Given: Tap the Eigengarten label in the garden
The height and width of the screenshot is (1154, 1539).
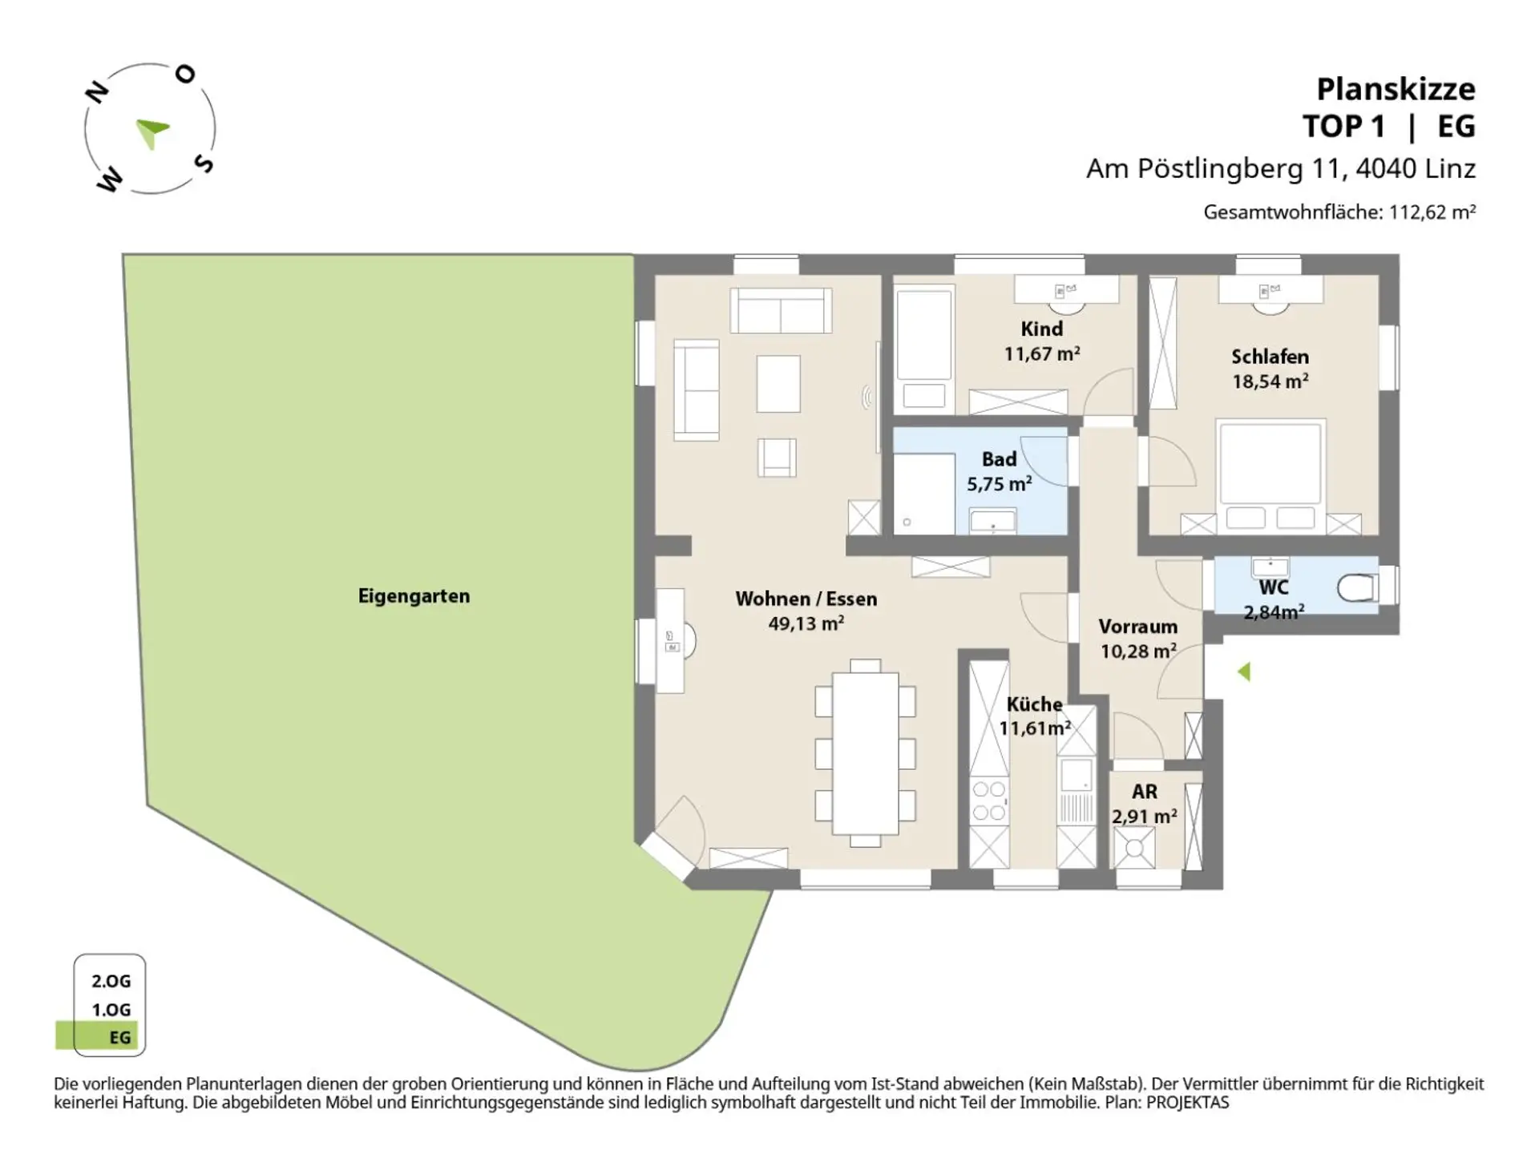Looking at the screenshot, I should (x=414, y=596).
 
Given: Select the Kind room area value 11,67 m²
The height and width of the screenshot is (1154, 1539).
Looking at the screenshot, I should (x=1042, y=353).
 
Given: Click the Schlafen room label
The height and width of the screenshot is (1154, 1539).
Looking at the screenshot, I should (x=1270, y=357).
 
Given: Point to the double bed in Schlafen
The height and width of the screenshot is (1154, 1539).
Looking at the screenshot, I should (x=1270, y=473).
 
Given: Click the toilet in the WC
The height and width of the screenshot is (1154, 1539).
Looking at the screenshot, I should (x=1358, y=588).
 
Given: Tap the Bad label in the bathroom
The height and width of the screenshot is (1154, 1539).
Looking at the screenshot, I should (x=999, y=459).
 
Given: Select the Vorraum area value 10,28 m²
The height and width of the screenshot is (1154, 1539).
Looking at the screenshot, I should (x=1138, y=651).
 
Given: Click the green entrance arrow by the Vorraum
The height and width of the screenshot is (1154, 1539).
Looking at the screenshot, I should (x=1244, y=672).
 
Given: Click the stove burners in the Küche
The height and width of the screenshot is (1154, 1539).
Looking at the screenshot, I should (x=988, y=801).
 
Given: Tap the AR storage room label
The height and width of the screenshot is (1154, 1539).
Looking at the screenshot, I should (x=1145, y=792).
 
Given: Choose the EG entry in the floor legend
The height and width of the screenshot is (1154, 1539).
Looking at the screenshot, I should (x=119, y=1038).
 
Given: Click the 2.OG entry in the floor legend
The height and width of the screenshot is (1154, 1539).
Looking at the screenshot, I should (x=111, y=981).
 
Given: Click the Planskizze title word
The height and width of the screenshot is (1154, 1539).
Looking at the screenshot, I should (x=1395, y=89).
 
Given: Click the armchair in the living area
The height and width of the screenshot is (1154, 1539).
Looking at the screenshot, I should (x=777, y=458).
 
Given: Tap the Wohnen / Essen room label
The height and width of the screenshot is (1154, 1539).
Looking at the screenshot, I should (x=806, y=599).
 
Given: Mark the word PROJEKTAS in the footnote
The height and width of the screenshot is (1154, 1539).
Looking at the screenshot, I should (x=1187, y=1103).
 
